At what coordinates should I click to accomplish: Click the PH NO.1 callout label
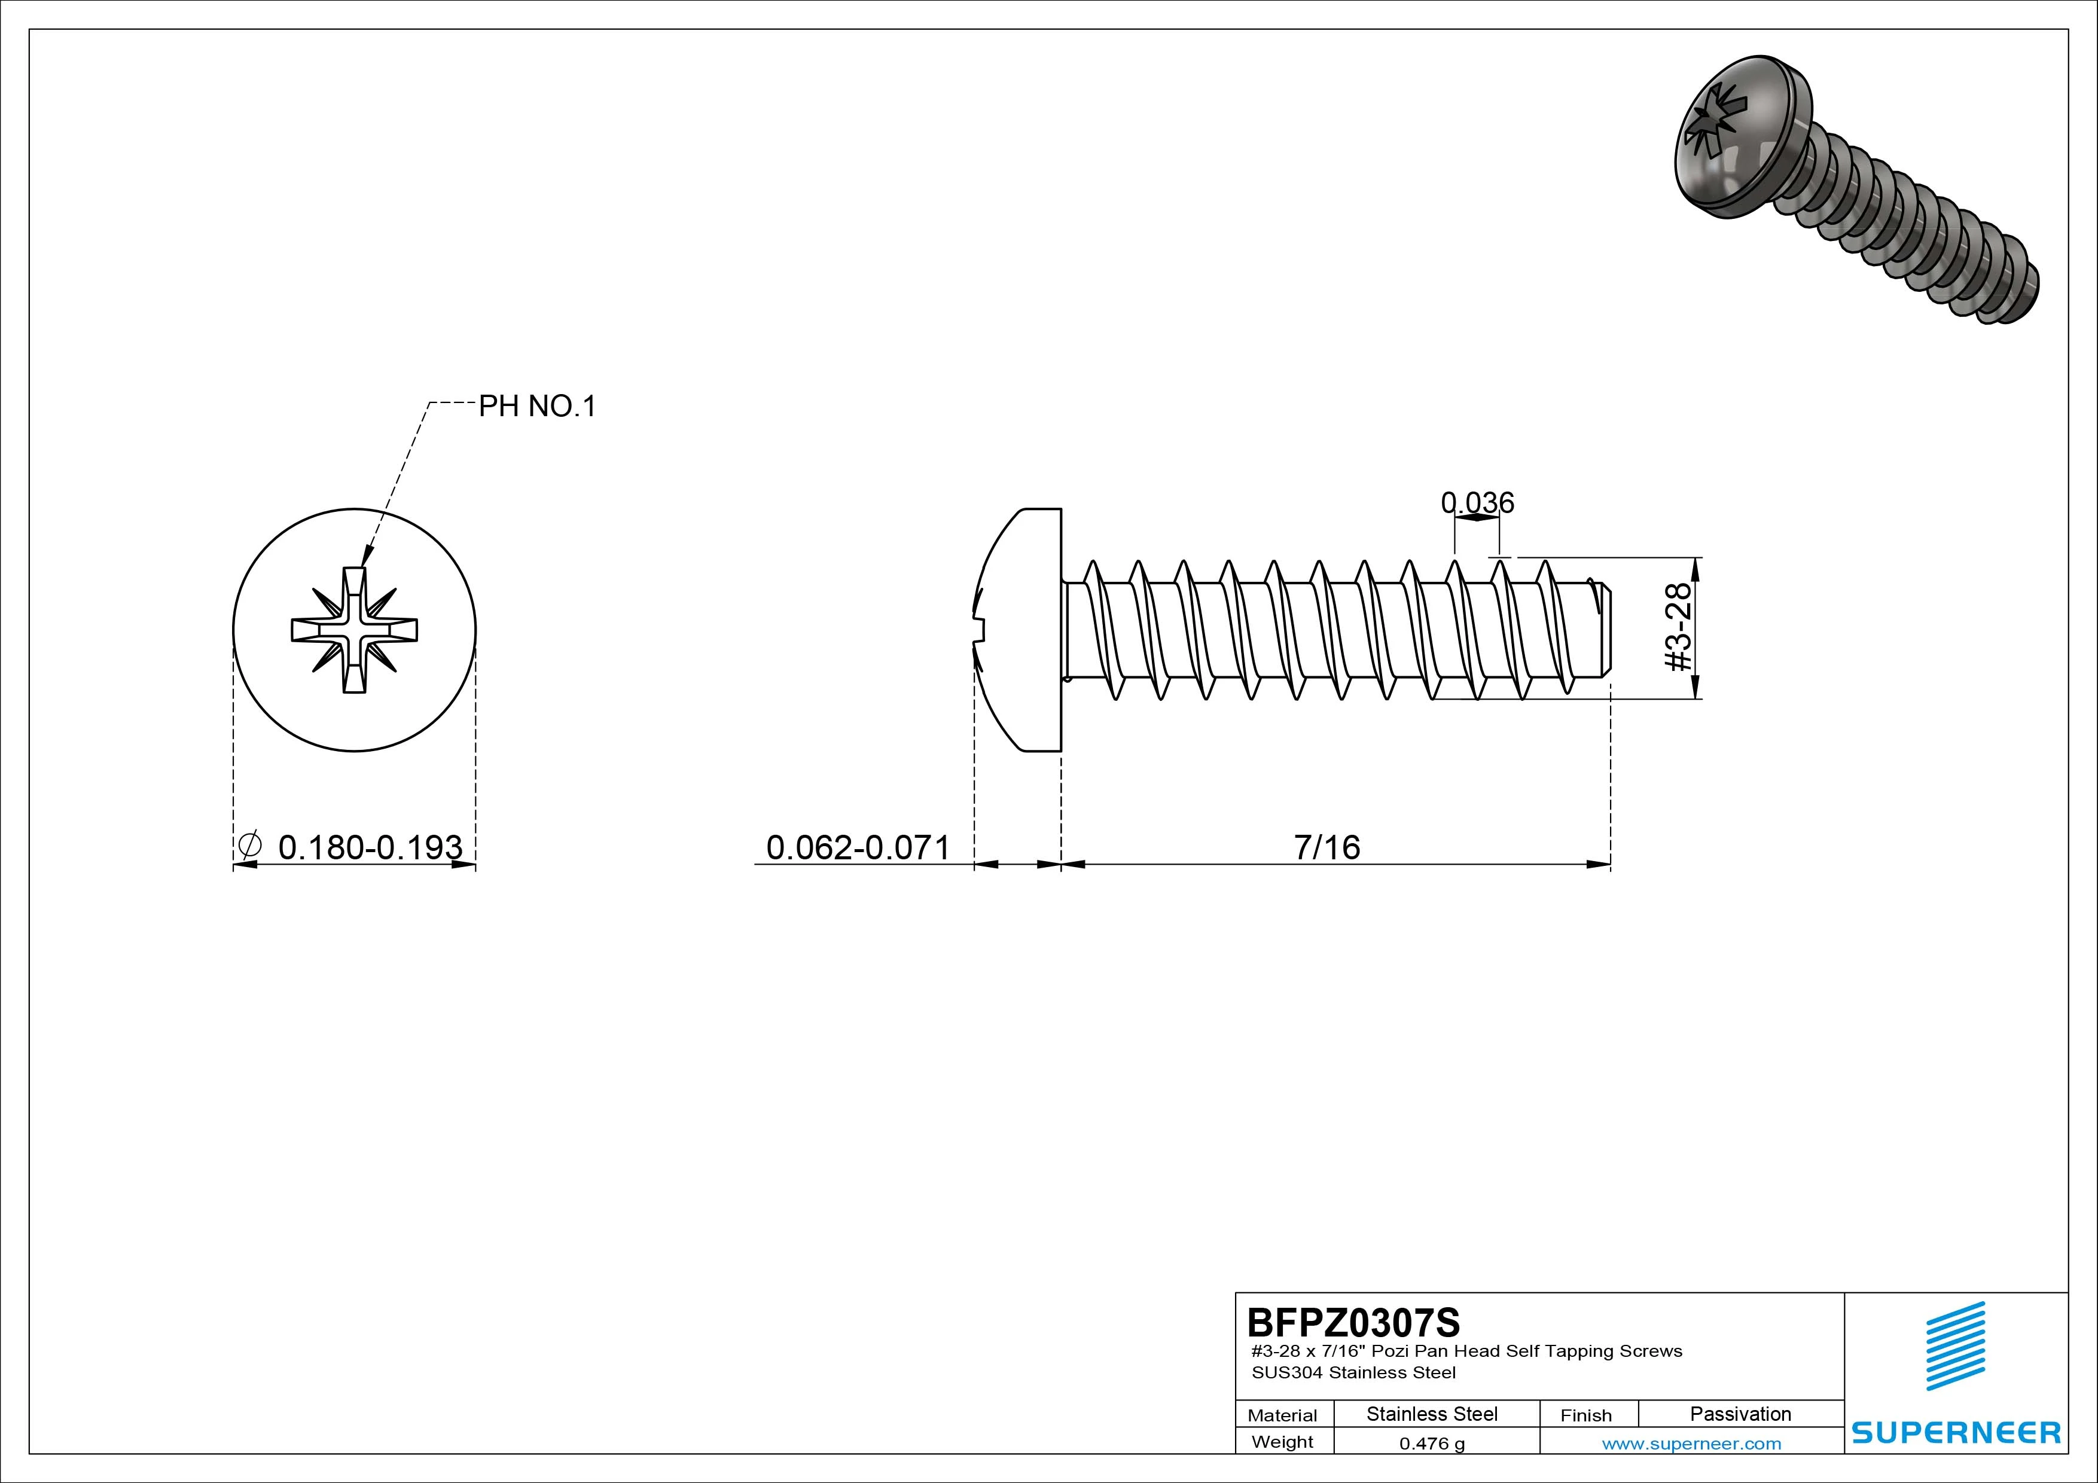[537, 407]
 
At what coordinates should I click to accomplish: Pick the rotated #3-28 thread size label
[1679, 628]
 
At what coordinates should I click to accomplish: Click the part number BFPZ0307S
[1353, 1322]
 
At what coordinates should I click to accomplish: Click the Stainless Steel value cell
[1432, 1414]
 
